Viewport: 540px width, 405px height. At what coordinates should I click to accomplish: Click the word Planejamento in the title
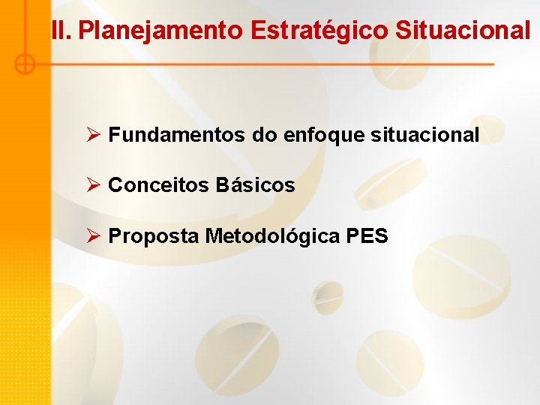(160, 31)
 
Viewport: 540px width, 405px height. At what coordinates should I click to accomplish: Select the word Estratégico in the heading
(320, 31)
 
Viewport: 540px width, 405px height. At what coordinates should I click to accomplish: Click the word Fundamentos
(176, 135)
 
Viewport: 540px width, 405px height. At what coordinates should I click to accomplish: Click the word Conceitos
(158, 185)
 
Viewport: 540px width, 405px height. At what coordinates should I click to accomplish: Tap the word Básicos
(255, 185)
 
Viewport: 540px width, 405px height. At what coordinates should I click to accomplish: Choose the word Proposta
(154, 236)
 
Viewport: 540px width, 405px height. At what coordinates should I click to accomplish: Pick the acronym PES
(367, 236)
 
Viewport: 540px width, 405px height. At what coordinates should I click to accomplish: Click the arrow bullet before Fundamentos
(93, 135)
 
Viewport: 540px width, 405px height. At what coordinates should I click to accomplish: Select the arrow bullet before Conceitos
(93, 185)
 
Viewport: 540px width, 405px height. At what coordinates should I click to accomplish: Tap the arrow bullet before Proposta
(93, 236)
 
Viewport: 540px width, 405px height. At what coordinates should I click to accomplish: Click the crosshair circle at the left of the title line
(25, 64)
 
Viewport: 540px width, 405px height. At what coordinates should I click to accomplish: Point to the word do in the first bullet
(263, 135)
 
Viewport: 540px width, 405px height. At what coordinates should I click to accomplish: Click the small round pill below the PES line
(328, 295)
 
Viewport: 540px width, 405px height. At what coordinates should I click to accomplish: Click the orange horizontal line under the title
(262, 64)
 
